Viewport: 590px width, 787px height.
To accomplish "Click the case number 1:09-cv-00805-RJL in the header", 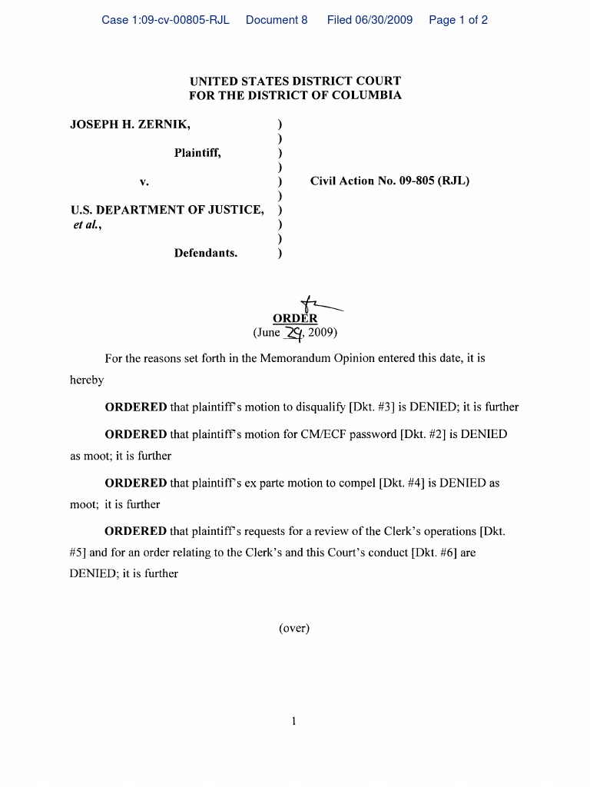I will (x=165, y=20).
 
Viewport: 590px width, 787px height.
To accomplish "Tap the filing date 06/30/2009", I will (x=370, y=20).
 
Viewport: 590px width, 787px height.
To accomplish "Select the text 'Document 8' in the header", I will (x=277, y=20).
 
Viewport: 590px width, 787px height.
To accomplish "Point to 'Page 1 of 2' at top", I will (x=458, y=20).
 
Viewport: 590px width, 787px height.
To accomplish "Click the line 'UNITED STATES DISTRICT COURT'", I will (x=295, y=81).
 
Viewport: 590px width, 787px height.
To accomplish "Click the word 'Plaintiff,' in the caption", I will (x=197, y=153).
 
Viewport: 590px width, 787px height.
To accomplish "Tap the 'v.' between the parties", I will (x=144, y=182).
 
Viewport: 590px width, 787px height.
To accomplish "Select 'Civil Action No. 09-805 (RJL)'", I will (x=389, y=181).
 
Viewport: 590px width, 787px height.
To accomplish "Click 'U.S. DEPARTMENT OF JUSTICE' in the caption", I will (x=167, y=210).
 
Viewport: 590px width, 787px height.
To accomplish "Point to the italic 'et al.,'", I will (x=86, y=224).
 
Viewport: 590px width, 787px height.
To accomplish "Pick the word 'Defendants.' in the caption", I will (x=206, y=253).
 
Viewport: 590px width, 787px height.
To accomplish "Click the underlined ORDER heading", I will (x=295, y=319).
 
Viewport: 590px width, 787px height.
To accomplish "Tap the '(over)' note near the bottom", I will (x=294, y=628).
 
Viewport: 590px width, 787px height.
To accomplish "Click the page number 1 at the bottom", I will (x=294, y=722).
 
